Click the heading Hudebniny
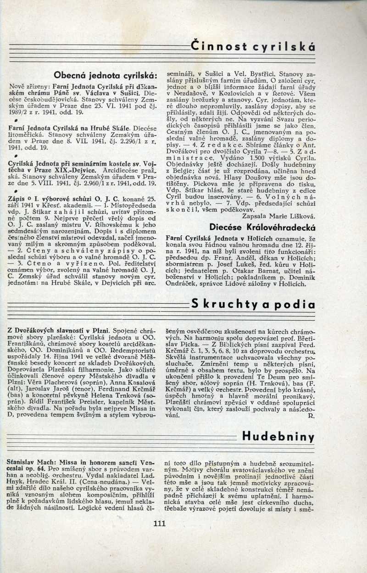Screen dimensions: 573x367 [278, 436]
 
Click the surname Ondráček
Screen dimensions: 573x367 [183, 284]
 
